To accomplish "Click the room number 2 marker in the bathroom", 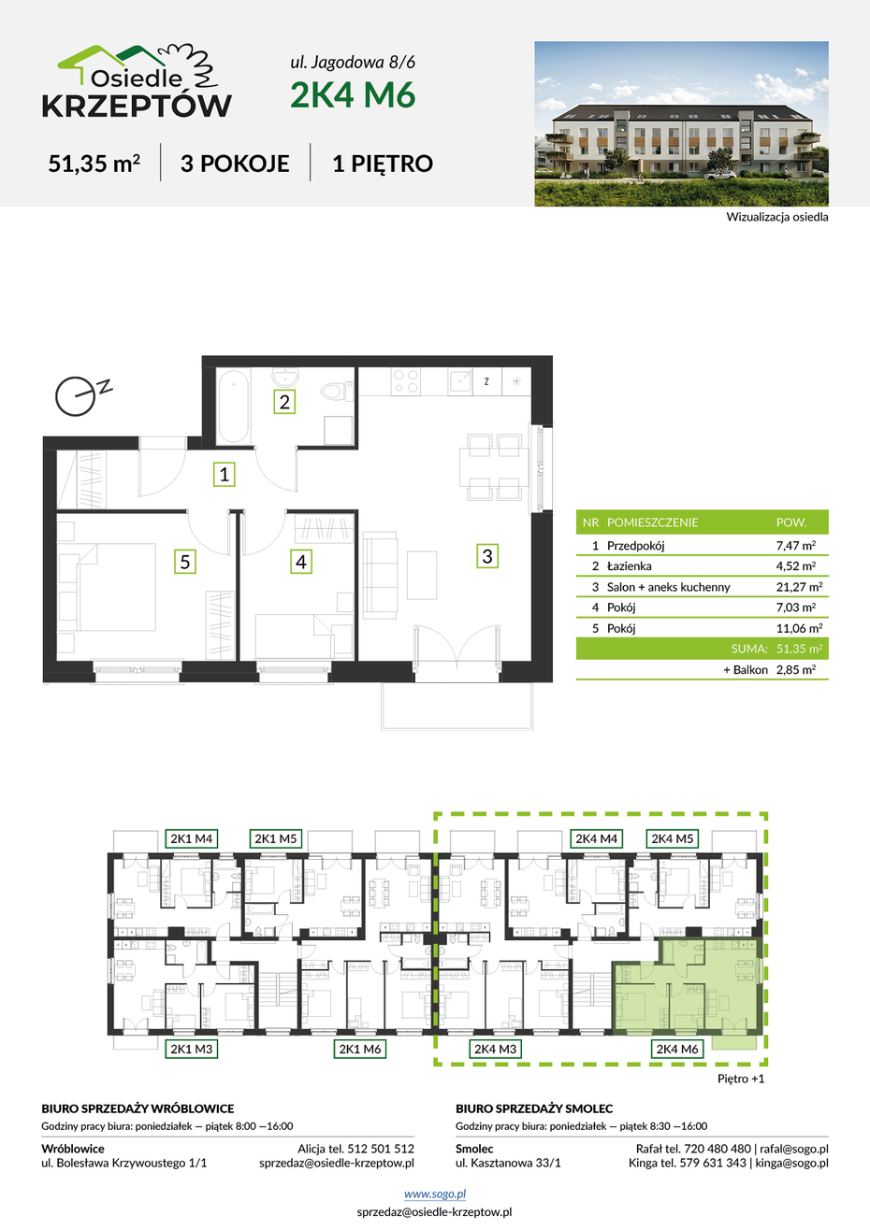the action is pyautogui.click(x=284, y=401).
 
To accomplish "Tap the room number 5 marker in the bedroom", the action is pyautogui.click(x=185, y=562).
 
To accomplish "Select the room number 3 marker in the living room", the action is pyautogui.click(x=487, y=556).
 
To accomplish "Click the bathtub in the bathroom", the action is pyautogui.click(x=233, y=407).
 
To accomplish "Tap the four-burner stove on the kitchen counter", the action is pyautogui.click(x=406, y=381).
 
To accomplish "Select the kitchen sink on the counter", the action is pyautogui.click(x=460, y=381).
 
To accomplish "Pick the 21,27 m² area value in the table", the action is pyautogui.click(x=799, y=586).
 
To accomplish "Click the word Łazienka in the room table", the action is pyautogui.click(x=629, y=565).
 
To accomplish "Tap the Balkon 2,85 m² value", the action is pyautogui.click(x=796, y=669).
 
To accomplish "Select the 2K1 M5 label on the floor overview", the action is pyautogui.click(x=275, y=838).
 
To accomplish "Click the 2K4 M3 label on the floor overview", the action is pyautogui.click(x=495, y=1049).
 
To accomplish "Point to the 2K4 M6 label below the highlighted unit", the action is pyautogui.click(x=677, y=1049).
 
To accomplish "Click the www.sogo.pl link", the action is pyautogui.click(x=435, y=1194).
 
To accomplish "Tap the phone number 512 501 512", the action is pyautogui.click(x=381, y=1149).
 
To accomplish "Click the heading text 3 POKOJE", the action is pyautogui.click(x=235, y=164).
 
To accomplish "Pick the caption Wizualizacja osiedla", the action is pyautogui.click(x=777, y=217).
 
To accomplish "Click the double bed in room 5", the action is pyautogui.click(x=117, y=587).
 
